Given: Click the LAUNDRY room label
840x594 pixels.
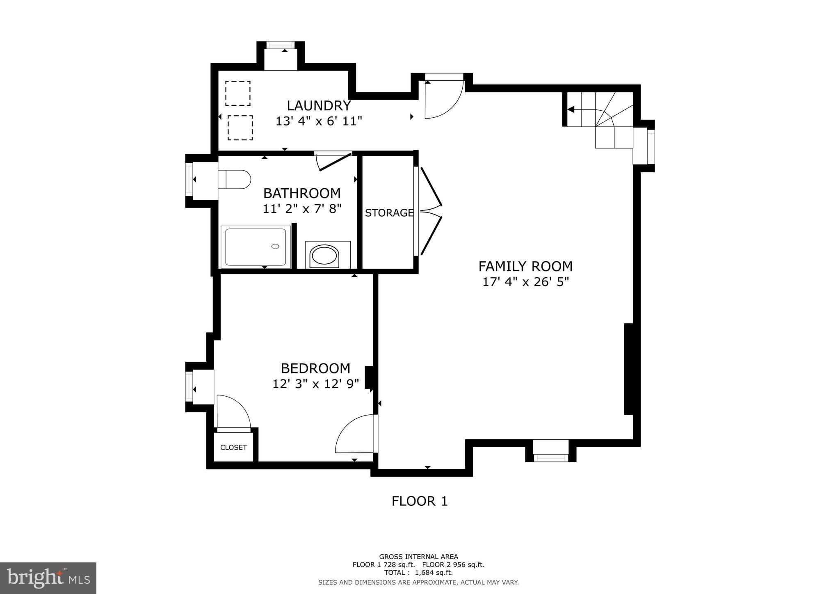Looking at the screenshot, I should pos(319,106).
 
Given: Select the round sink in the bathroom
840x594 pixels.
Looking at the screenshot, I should pos(325,256).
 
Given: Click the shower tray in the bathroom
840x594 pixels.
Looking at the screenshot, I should pos(256,247).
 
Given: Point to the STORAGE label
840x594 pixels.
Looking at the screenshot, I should pos(389,213).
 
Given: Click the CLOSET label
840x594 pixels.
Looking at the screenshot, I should pos(233,447).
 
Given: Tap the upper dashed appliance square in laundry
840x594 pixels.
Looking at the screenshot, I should pos(238,94).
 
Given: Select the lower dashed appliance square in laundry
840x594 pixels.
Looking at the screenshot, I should pos(240,128).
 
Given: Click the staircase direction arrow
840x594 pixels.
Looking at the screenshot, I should pos(571,110).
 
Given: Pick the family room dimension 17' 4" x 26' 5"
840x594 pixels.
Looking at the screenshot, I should pos(525,282).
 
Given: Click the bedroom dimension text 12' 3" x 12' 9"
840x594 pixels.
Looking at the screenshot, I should pos(315,384).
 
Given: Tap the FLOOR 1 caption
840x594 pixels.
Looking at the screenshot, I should pos(419,501).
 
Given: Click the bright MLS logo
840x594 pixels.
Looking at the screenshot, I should pos(48,578).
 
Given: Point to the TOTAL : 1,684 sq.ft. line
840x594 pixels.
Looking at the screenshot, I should pos(418,573).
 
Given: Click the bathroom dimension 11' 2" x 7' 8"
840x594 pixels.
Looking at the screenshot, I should pos(302,209).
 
